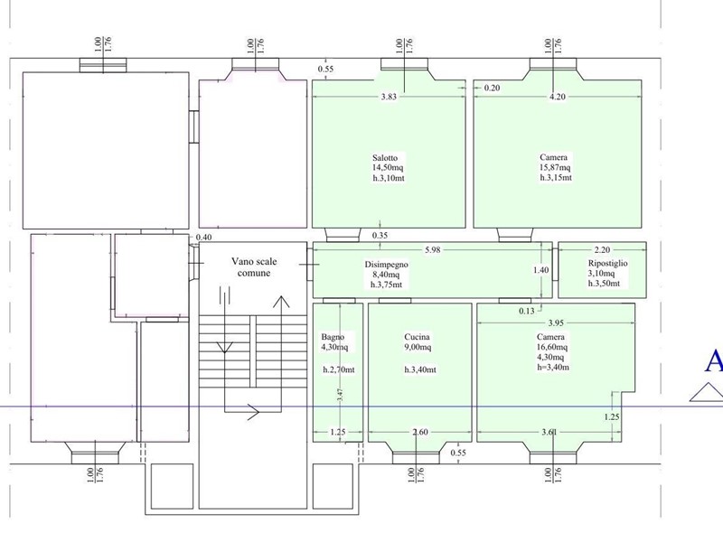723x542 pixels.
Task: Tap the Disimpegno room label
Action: click(387, 264)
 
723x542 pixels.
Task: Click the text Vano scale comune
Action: click(253, 266)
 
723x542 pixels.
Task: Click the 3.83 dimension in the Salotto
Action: click(389, 97)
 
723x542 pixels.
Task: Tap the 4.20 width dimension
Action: click(559, 97)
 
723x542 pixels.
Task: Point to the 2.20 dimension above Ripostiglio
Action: click(603, 250)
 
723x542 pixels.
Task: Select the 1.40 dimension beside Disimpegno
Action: click(540, 269)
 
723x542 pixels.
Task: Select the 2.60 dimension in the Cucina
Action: click(420, 433)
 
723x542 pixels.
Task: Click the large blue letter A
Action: click(713, 362)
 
